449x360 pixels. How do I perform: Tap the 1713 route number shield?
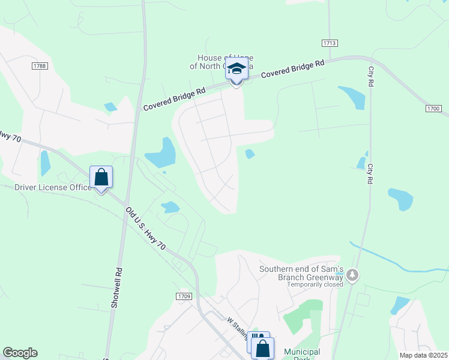point(330,43)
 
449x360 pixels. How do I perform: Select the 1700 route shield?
point(434,109)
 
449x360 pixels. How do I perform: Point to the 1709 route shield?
point(184,296)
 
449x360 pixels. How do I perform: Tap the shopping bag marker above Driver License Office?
point(101,178)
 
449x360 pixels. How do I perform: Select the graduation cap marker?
point(237,71)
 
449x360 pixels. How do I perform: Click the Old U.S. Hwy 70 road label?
point(146,229)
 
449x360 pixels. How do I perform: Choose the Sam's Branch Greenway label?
point(301,273)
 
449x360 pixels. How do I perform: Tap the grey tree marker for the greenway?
point(352,275)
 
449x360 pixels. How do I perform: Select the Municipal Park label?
point(302,354)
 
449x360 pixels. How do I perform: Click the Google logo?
point(20,353)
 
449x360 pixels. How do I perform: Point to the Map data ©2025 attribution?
point(423,355)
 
